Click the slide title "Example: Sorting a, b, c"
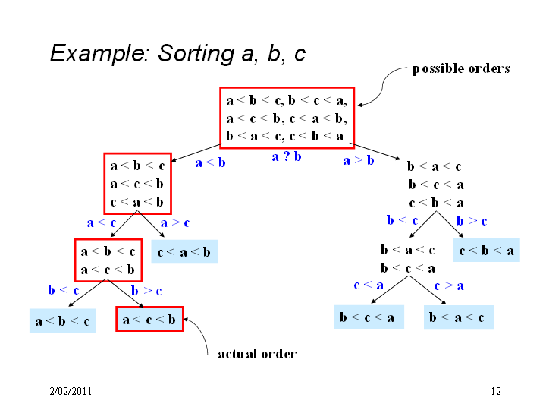click(x=177, y=54)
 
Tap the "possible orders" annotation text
click(x=461, y=68)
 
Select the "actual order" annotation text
click(x=257, y=354)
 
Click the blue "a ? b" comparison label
click(x=287, y=156)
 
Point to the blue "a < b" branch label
click(x=210, y=162)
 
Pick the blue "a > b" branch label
click(x=359, y=160)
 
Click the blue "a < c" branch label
click(x=102, y=222)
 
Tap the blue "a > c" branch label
click(x=175, y=222)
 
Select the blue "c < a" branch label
click(x=369, y=285)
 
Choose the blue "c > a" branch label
click(x=449, y=286)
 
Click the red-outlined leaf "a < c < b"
click(x=149, y=319)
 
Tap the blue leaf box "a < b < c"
click(x=63, y=320)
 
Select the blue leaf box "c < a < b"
click(x=184, y=251)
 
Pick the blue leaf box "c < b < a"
click(x=487, y=250)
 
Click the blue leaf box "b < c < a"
click(x=369, y=317)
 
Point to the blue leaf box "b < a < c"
click(x=459, y=317)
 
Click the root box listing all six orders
click(x=287, y=118)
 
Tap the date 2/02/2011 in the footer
click(x=71, y=391)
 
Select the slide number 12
click(x=496, y=391)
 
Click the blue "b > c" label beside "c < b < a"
click(x=472, y=221)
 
